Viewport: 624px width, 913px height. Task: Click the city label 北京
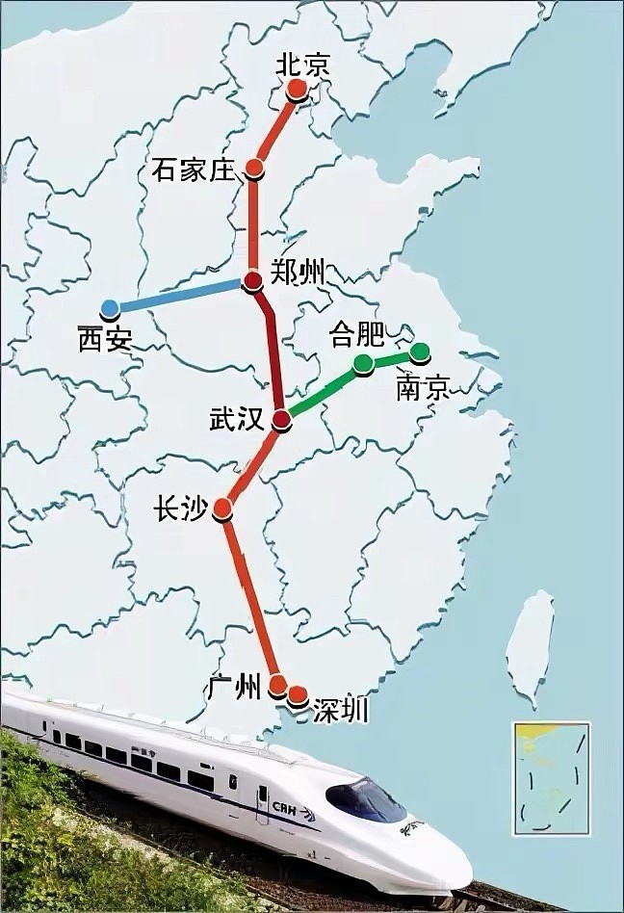coord(303,65)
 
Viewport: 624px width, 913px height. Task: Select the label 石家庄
coord(194,170)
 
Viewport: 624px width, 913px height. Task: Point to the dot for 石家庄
coord(254,169)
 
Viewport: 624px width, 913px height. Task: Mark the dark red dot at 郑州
coord(252,281)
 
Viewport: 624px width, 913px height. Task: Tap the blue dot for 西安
coord(110,308)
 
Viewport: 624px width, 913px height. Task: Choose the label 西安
coord(105,339)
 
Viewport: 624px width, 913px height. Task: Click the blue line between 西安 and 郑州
coord(179,296)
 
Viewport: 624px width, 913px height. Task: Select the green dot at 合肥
coord(363,363)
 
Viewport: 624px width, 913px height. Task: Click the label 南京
coord(423,388)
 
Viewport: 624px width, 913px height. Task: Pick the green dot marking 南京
coord(420,352)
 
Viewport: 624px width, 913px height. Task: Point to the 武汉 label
coord(236,419)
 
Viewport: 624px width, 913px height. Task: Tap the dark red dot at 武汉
coord(281,420)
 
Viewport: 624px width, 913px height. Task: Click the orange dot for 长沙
coord(222,507)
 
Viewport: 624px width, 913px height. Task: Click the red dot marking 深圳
coord(298,694)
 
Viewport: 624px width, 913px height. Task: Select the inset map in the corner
coord(551,777)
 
